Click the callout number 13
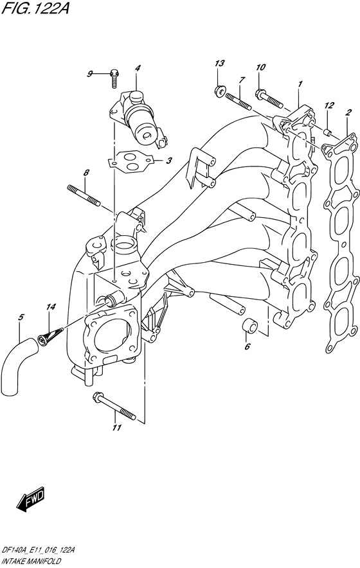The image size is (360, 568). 219,64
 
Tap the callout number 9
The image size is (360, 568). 89,75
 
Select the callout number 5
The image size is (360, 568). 21,317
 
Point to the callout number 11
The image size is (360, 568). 116,428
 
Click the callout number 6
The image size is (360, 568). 248,347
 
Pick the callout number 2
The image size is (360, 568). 348,112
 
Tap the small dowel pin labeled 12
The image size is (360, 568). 327,132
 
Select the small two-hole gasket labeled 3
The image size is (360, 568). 131,161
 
